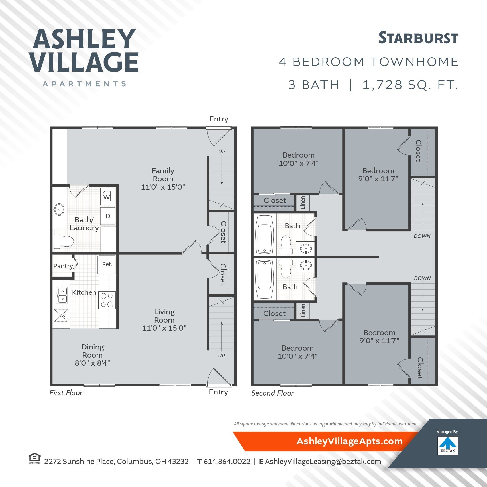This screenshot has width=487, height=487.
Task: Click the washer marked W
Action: pos(107,197)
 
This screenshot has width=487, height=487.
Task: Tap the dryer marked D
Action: pos(108,216)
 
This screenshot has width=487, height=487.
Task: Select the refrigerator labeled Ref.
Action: pos(107,264)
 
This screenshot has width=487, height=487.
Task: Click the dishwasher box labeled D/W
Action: pos(61,315)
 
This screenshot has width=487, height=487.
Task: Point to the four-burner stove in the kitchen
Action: pos(107,300)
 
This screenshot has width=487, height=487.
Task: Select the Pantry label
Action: pos(63,266)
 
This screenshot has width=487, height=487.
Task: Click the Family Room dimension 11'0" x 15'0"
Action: pos(163,187)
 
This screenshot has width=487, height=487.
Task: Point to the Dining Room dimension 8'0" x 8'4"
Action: pos(92,363)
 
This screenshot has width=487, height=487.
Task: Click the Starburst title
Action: pos(418,38)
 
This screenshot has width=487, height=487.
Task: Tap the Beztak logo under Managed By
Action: pos(448,445)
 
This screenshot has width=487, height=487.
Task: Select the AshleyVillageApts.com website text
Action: pos(349,441)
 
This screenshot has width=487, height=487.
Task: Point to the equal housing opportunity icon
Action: pos(34,458)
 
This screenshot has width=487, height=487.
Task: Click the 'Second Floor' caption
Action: pos(272,393)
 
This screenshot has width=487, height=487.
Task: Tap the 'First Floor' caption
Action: pos(66,393)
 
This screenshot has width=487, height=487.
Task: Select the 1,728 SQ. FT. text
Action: pos(410,85)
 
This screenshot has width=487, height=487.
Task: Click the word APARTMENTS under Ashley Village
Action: pos(85,84)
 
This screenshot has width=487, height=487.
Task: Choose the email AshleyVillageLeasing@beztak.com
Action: pos(323,462)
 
